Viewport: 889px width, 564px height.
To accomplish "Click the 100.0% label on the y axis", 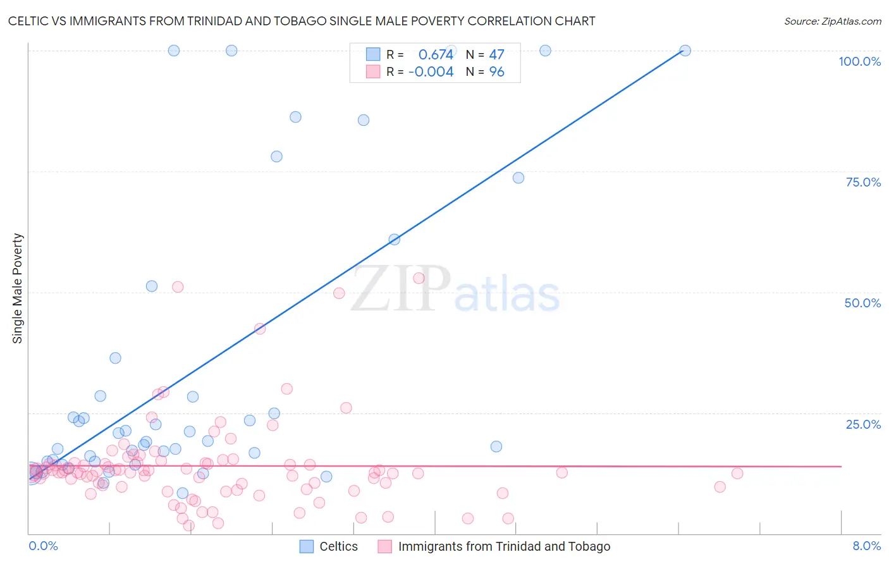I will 859,61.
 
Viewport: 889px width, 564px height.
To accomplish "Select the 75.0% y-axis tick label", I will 863,182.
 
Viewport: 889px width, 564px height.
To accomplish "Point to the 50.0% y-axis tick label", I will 862,303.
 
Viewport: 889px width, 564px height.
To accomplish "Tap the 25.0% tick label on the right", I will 863,424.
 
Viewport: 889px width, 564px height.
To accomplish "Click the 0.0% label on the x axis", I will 43,546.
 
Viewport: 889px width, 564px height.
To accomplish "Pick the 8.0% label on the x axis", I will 866,546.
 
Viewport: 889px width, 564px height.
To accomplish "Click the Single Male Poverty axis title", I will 18,288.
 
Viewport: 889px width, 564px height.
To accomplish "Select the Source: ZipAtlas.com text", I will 832,21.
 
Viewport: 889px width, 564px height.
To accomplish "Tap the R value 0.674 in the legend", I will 436,55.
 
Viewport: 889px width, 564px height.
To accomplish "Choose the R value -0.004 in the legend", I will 431,72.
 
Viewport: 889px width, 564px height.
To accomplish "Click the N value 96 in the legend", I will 496,72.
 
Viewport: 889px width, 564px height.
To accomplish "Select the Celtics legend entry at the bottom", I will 338,546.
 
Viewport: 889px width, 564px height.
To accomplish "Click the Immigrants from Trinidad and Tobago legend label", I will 504,546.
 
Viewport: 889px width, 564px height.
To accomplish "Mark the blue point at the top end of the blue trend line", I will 685,51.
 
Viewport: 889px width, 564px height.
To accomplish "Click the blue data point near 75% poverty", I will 518,178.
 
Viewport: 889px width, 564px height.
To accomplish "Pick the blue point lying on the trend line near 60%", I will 395,239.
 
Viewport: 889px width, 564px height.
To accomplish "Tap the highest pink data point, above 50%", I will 419,278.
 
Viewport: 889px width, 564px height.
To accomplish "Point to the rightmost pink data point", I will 737,474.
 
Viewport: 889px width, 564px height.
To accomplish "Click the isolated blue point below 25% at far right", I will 496,446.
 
